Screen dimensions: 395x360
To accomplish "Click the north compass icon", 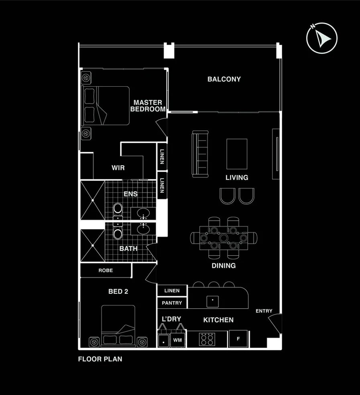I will pos(321,39).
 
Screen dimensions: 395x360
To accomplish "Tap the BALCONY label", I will pos(224,79).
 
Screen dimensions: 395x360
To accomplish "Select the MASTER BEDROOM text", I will pos(148,106).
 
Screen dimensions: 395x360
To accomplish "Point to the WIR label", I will pos(118,168).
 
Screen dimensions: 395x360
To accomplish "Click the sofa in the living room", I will pos(201,154).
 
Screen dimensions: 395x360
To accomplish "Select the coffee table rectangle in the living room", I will pos(237,154).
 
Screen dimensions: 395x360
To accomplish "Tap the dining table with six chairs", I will pos(224,238).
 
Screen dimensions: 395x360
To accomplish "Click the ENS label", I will pos(130,194).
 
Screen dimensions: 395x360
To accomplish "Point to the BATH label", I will pos(128,249).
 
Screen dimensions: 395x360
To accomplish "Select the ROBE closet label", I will pos(106,271).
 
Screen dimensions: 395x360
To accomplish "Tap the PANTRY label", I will pos(172,303).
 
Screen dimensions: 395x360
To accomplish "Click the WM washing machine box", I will pos(177,340).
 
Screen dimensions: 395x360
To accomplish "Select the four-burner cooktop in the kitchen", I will pos(207,339).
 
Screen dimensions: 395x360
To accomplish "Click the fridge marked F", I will pos(238,339).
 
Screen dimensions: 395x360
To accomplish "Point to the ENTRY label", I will pos(264,311).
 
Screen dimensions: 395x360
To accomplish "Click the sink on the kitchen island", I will pos(212,300).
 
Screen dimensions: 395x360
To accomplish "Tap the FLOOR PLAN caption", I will pos(100,359).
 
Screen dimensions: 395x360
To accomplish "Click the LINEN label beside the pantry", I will pos(172,290).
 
